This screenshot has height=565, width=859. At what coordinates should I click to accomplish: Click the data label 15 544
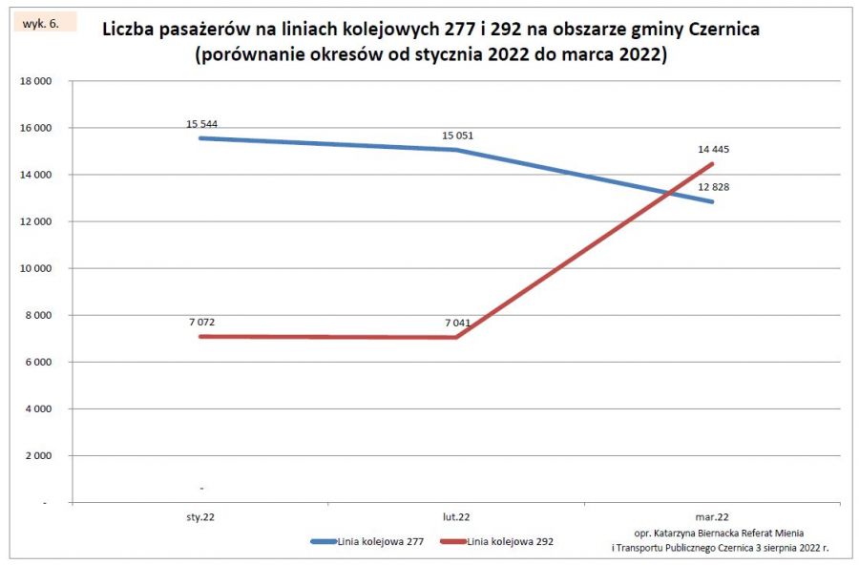[202, 124]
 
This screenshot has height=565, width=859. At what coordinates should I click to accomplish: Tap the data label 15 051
[457, 136]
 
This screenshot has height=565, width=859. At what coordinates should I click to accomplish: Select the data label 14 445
[713, 150]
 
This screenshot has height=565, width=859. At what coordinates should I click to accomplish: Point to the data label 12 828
[713, 186]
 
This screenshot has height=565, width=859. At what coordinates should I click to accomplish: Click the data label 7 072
[202, 323]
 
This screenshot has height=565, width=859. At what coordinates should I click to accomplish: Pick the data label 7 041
[457, 324]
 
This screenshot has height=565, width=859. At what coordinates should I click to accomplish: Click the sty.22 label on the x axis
[201, 516]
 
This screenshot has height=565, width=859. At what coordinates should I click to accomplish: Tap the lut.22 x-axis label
[456, 516]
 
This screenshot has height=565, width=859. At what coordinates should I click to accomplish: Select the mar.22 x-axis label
[712, 516]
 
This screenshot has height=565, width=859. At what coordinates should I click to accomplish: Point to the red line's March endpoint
[712, 164]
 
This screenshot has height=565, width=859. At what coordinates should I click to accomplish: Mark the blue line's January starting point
[202, 138]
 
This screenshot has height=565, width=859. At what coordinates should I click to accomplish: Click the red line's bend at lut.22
[457, 337]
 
